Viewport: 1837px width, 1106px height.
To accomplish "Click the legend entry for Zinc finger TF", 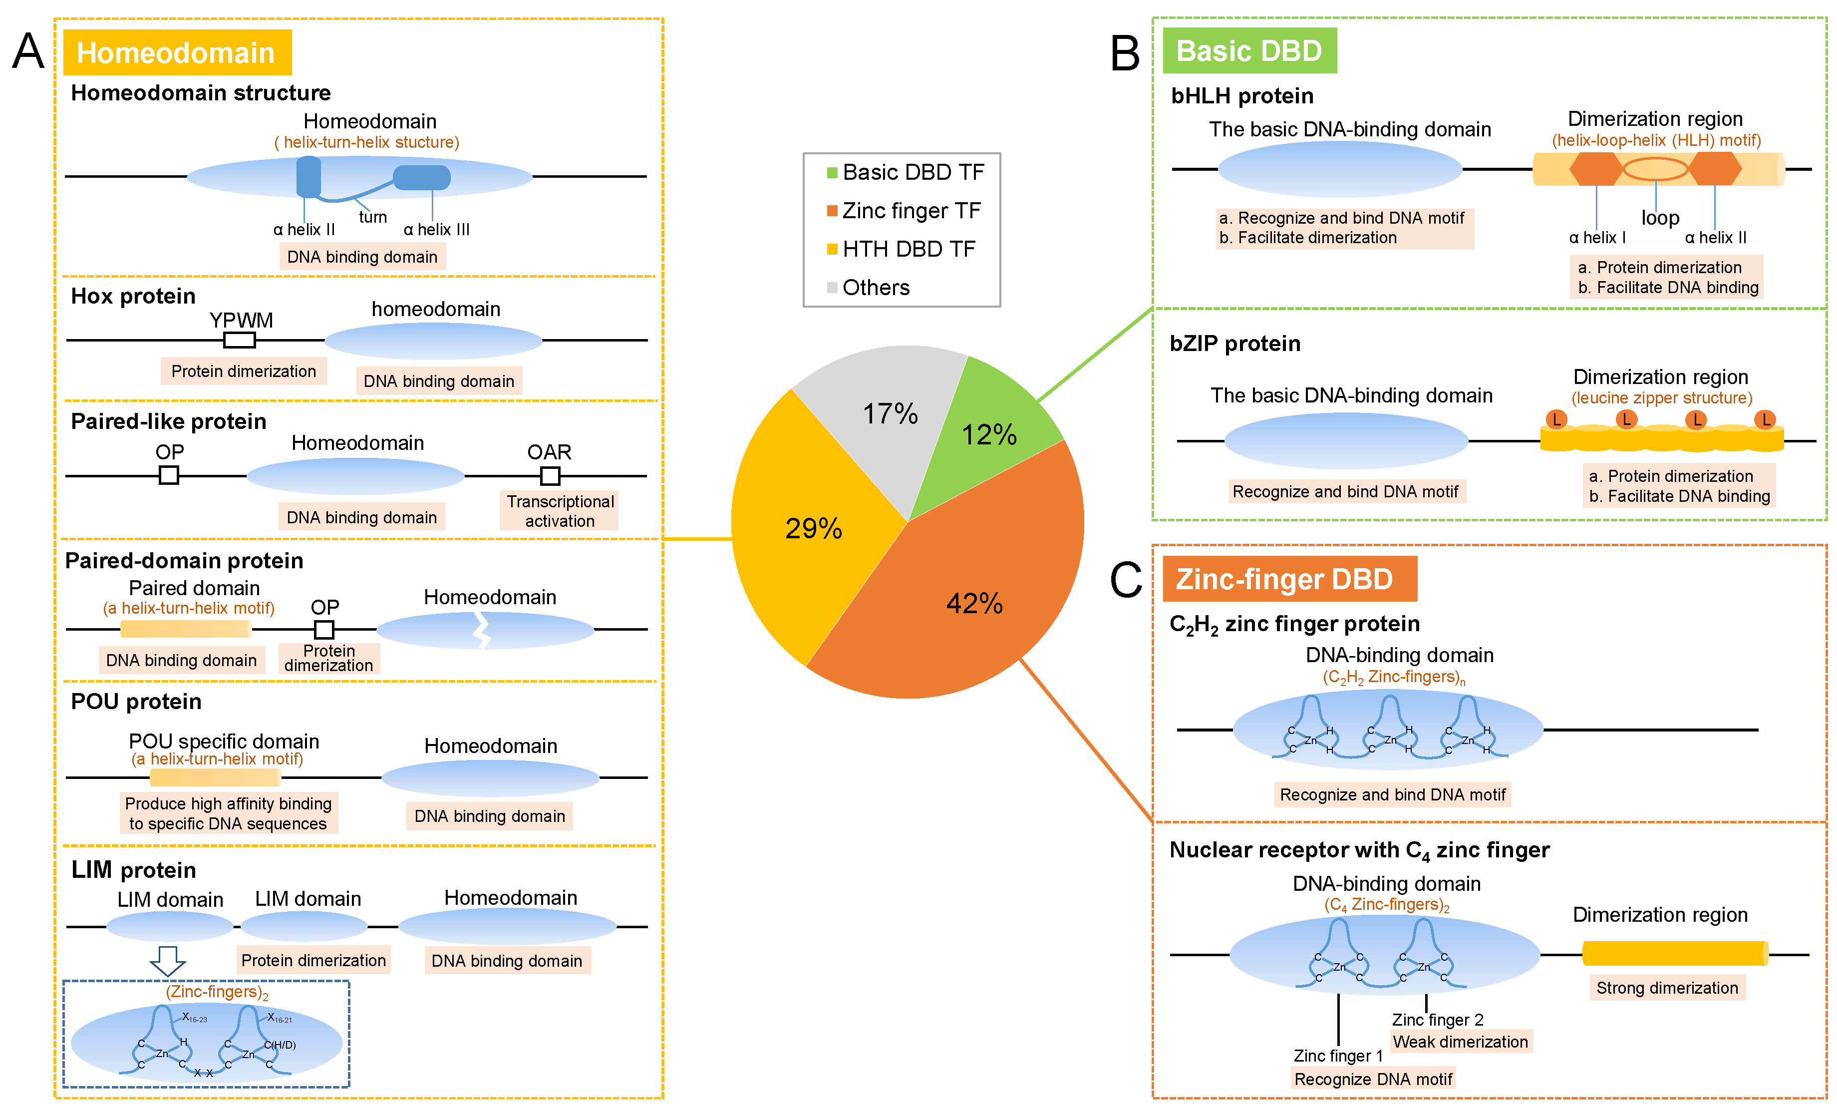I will pos(905,211).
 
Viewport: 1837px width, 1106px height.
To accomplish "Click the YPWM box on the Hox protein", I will pos(240,340).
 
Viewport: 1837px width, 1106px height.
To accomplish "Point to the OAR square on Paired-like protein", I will pos(550,475).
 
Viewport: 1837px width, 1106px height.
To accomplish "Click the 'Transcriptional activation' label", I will pos(560,511).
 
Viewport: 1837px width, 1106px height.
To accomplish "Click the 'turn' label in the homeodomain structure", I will pos(372,217).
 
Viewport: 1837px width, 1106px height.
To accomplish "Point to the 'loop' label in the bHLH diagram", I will pos(1660,218).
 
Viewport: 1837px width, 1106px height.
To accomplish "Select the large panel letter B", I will pos(1124,53).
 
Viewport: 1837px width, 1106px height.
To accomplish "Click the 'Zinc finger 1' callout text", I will pos(1337,1056).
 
